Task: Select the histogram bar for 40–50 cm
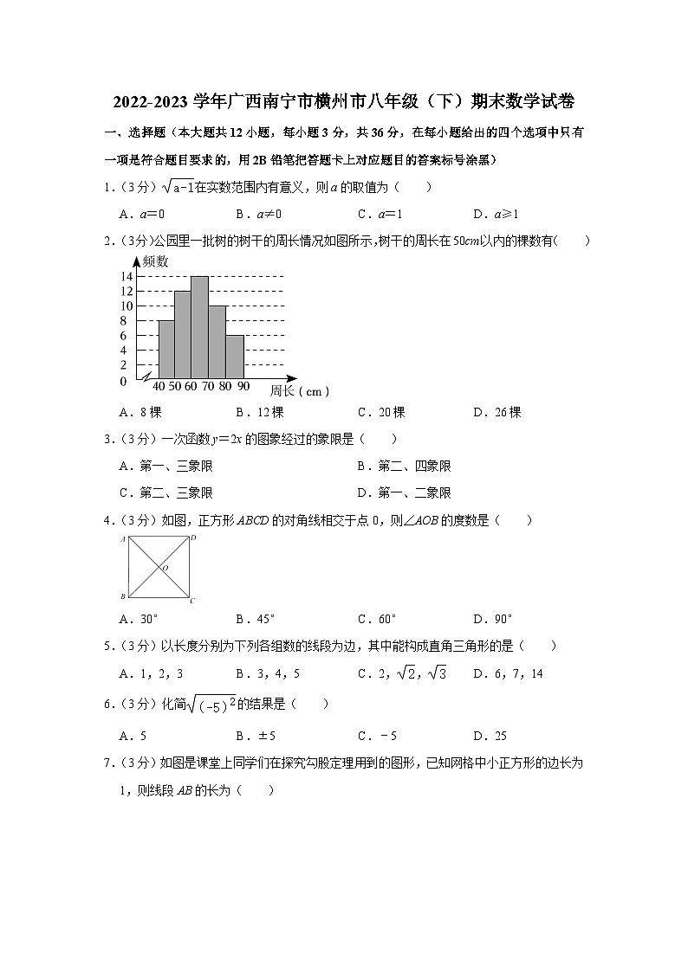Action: (166, 350)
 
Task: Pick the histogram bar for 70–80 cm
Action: (217, 342)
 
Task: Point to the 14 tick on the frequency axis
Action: (127, 277)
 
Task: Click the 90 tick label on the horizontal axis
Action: (243, 386)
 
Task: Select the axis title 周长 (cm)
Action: (299, 391)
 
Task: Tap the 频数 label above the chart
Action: (156, 261)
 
